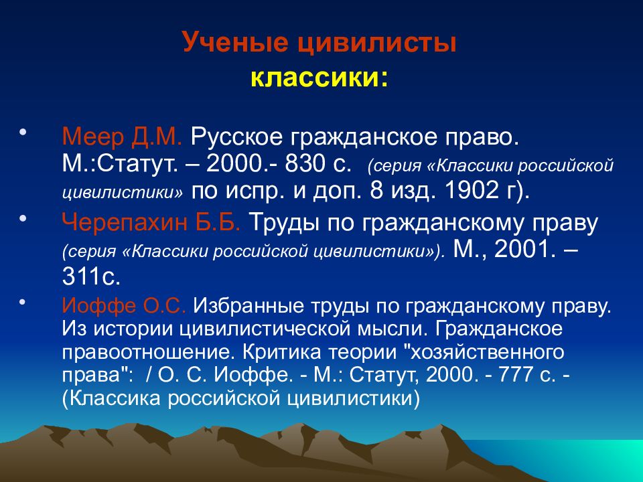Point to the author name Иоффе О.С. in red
(x=124, y=306)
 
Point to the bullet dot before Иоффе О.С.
(x=23, y=301)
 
